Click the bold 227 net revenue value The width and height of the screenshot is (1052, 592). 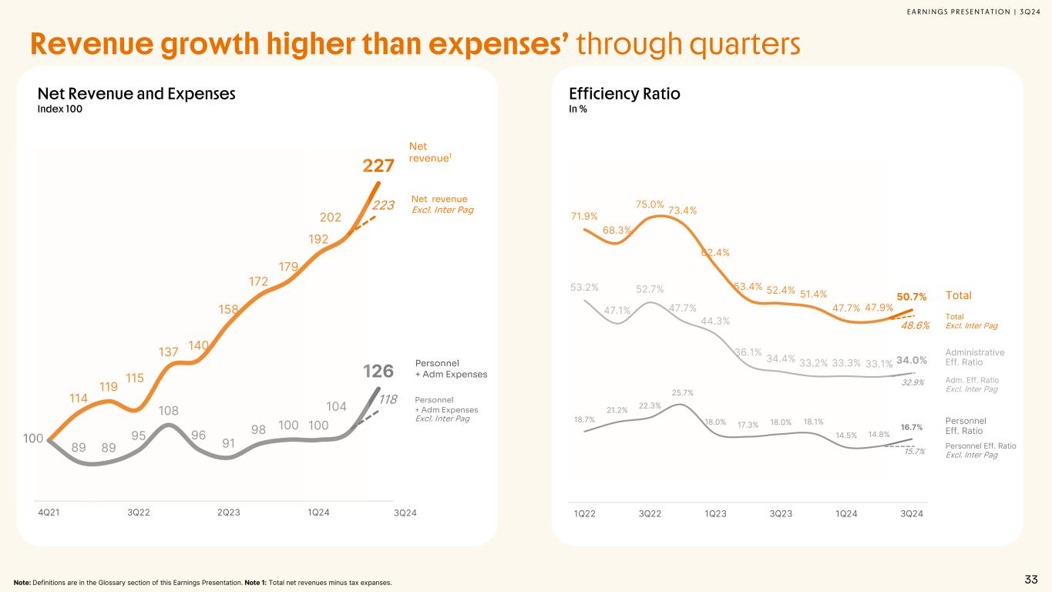click(378, 166)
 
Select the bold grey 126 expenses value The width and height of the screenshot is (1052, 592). click(378, 372)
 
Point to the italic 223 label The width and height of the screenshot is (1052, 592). click(383, 205)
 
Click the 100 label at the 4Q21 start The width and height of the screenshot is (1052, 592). click(33, 439)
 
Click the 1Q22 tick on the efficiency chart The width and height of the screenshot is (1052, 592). click(585, 513)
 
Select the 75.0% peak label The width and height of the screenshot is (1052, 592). click(650, 204)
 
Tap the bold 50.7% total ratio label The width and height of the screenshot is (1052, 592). click(912, 296)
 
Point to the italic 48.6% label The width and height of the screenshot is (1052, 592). click(916, 326)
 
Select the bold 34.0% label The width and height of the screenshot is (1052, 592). click(912, 360)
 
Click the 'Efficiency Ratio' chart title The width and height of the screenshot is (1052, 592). click(623, 94)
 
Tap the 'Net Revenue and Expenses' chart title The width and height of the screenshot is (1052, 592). click(136, 94)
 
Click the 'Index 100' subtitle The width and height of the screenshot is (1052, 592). click(59, 109)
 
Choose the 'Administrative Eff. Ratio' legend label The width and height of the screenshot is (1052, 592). click(975, 357)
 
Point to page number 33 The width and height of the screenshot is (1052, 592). click(1030, 580)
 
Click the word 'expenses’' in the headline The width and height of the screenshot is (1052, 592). click(492, 45)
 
